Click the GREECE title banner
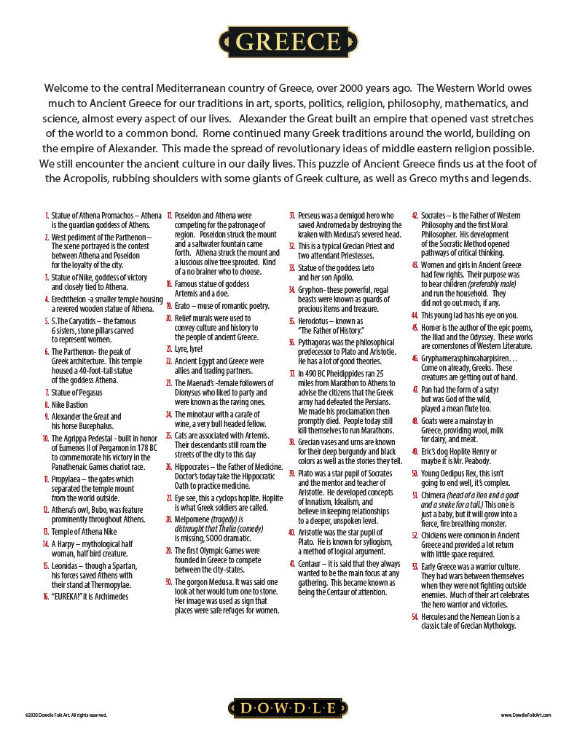(x=288, y=42)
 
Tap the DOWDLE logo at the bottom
(x=288, y=708)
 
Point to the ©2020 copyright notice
(x=66, y=715)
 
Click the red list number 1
(x=47, y=216)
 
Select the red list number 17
(x=169, y=216)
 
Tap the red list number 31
(x=292, y=216)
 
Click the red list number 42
(x=415, y=216)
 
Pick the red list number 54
(x=415, y=616)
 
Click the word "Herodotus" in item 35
(x=316, y=321)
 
